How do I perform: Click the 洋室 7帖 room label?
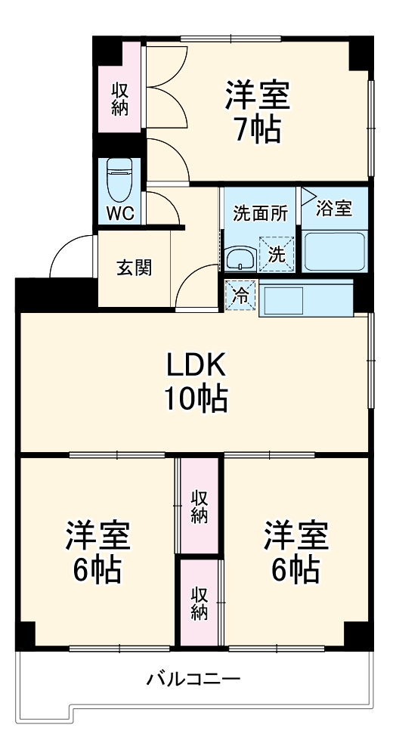click(257, 112)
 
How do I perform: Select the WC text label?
click(119, 213)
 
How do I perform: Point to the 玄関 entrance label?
click(134, 268)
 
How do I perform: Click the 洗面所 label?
click(259, 213)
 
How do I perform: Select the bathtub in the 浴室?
click(334, 251)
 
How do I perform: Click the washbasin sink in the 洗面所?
click(240, 258)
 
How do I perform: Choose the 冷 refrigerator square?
click(241, 296)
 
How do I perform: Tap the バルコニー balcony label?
click(193, 679)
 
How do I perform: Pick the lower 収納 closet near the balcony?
click(199, 603)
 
